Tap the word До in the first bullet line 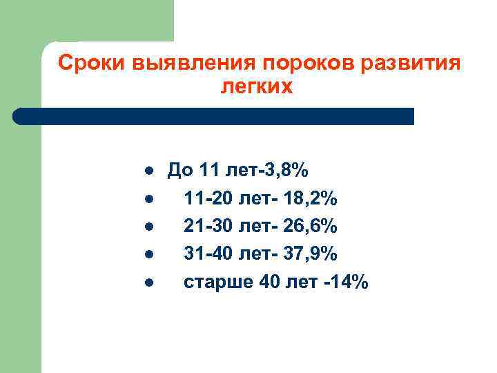point(181,171)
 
